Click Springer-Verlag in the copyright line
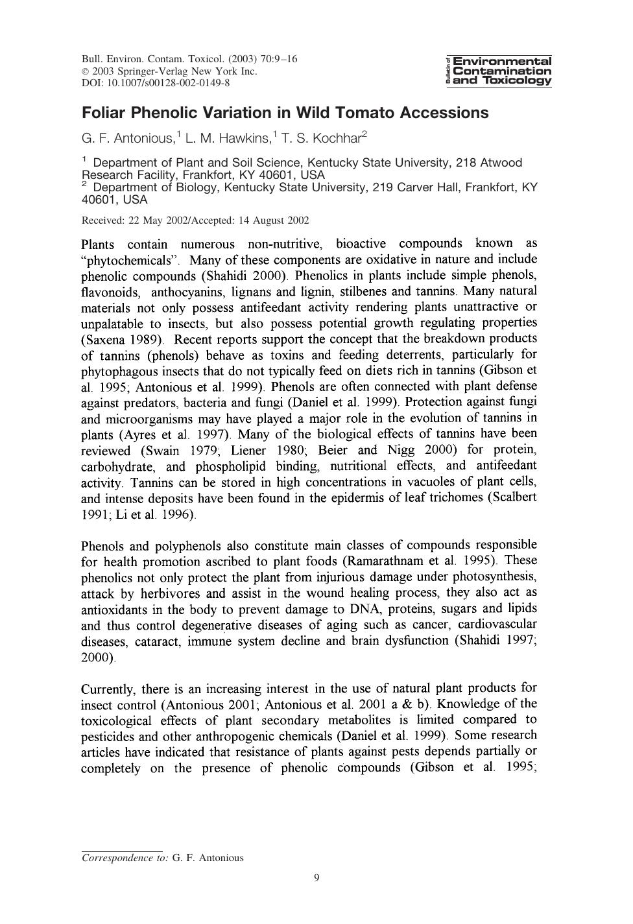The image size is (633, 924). [x=152, y=71]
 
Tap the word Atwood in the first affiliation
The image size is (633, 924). [x=497, y=162]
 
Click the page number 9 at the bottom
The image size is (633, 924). [x=316, y=878]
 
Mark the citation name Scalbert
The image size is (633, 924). [x=513, y=498]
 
